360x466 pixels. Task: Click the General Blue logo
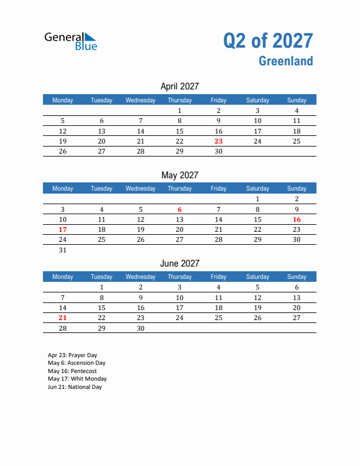[x=71, y=41]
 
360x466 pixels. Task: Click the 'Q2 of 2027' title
[x=268, y=41]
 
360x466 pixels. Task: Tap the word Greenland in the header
[x=285, y=61]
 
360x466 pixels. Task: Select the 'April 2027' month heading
[x=179, y=86]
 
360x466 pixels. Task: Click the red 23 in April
[x=218, y=141]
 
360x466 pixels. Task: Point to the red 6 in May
[x=179, y=209]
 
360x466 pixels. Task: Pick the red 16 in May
[x=296, y=219]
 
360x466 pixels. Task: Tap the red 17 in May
[x=63, y=229]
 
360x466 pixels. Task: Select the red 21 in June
[x=63, y=318]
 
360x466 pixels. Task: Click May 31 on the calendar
[x=63, y=250]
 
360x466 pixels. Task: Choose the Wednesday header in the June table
[x=141, y=277]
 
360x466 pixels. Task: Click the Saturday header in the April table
[x=258, y=100]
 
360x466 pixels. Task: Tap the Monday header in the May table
[x=63, y=188]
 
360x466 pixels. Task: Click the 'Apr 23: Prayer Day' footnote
[x=72, y=355]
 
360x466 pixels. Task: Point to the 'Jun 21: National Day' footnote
[x=75, y=387]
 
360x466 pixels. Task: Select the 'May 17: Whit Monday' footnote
[x=77, y=379]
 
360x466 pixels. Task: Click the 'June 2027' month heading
[x=179, y=263]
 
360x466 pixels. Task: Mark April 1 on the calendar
[x=179, y=111]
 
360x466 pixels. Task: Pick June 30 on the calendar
[x=141, y=328]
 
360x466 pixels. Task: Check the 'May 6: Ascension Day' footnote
[x=76, y=363]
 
